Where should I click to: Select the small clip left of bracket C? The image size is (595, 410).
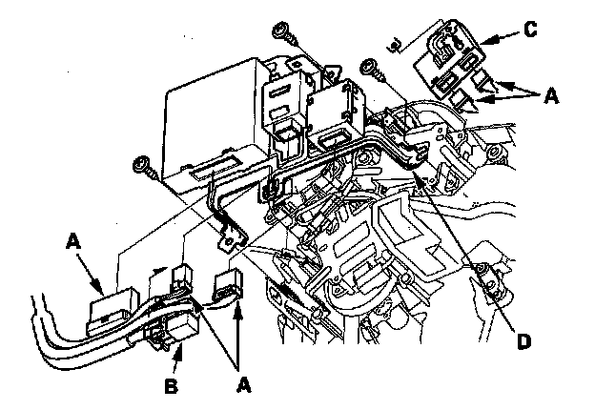(394, 43)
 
